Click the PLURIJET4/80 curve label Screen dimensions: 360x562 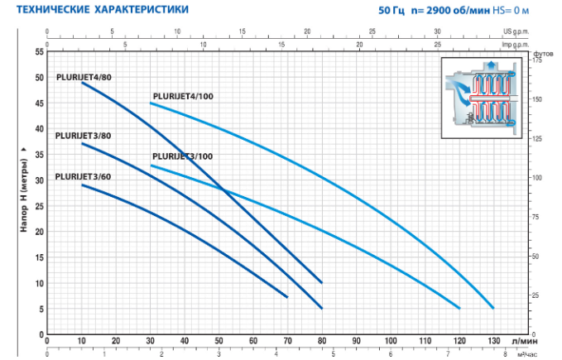point(84,77)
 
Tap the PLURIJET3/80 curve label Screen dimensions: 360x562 point(83,136)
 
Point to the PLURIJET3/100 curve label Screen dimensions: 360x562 point(182,156)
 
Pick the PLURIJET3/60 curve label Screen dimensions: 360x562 point(83,176)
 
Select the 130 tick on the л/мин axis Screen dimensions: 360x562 point(493,341)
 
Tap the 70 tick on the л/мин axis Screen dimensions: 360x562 point(287,341)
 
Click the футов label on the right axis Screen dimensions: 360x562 point(543,51)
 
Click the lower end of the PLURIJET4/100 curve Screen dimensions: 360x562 point(493,308)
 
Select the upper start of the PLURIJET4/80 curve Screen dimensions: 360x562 point(82,83)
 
